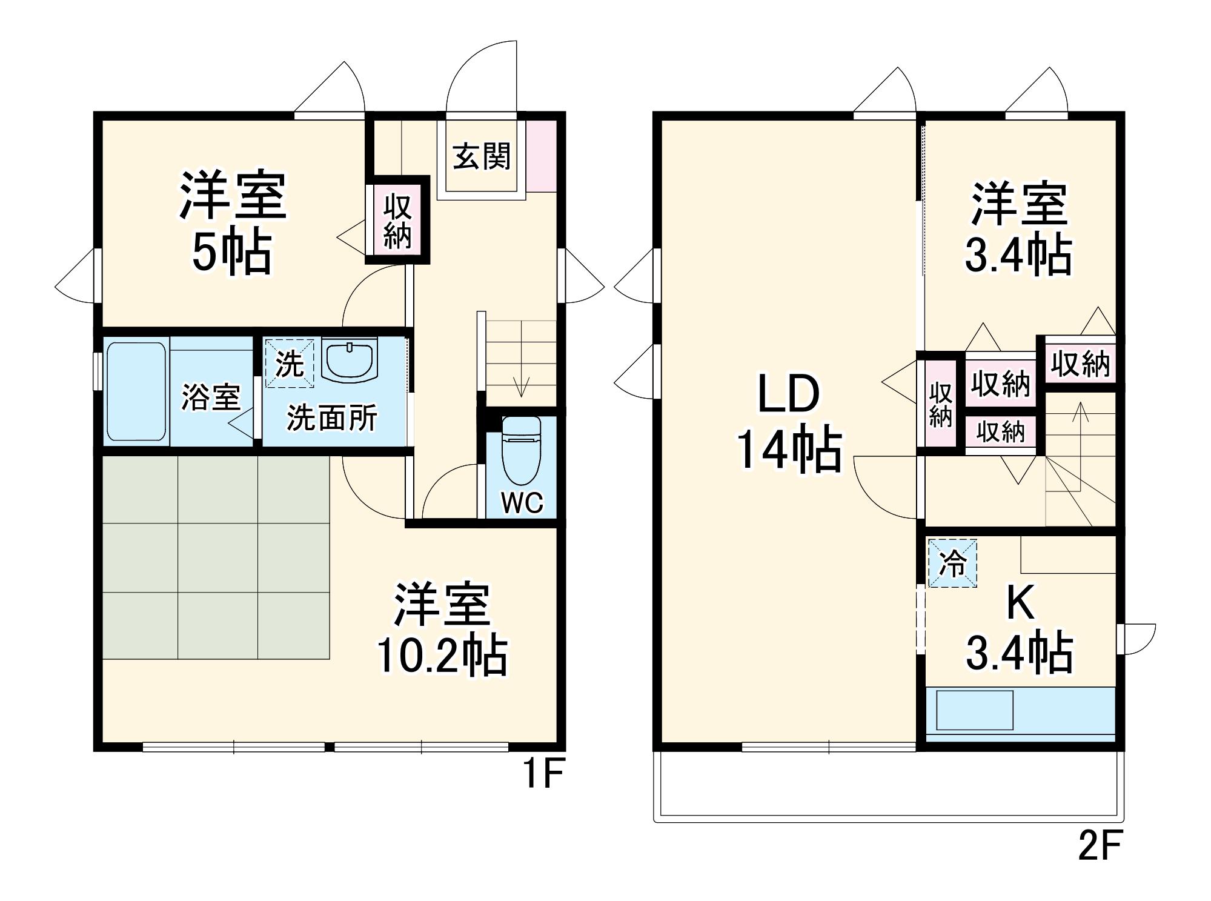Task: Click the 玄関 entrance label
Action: click(482, 156)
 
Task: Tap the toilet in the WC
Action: click(521, 448)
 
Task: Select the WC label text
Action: click(522, 503)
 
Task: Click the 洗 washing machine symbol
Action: click(290, 363)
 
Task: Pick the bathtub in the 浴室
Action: click(136, 391)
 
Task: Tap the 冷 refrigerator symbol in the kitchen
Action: click(952, 563)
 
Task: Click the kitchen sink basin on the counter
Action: click(975, 710)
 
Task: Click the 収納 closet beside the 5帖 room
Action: click(397, 220)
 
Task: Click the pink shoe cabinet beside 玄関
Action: click(541, 156)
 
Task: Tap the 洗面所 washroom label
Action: click(332, 417)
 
